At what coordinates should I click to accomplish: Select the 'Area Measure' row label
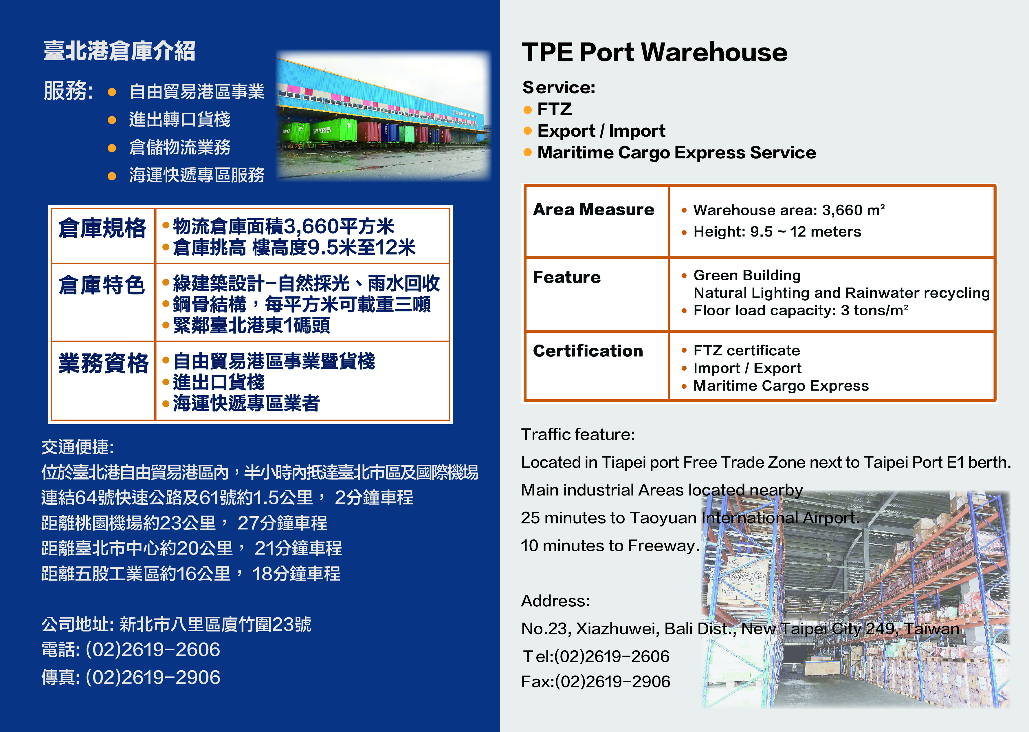(x=593, y=210)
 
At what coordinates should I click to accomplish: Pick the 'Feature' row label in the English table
(x=567, y=277)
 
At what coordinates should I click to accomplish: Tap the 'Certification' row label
(x=588, y=351)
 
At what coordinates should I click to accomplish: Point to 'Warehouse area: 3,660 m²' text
(x=789, y=210)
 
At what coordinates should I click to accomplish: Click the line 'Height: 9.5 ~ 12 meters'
(x=777, y=232)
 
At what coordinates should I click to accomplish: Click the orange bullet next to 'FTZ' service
(x=528, y=109)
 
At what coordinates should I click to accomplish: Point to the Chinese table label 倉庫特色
(x=102, y=285)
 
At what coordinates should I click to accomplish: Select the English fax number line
(x=596, y=682)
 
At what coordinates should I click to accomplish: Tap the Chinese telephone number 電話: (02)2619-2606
(x=131, y=649)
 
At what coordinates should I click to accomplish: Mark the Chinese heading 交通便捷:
(x=78, y=447)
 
